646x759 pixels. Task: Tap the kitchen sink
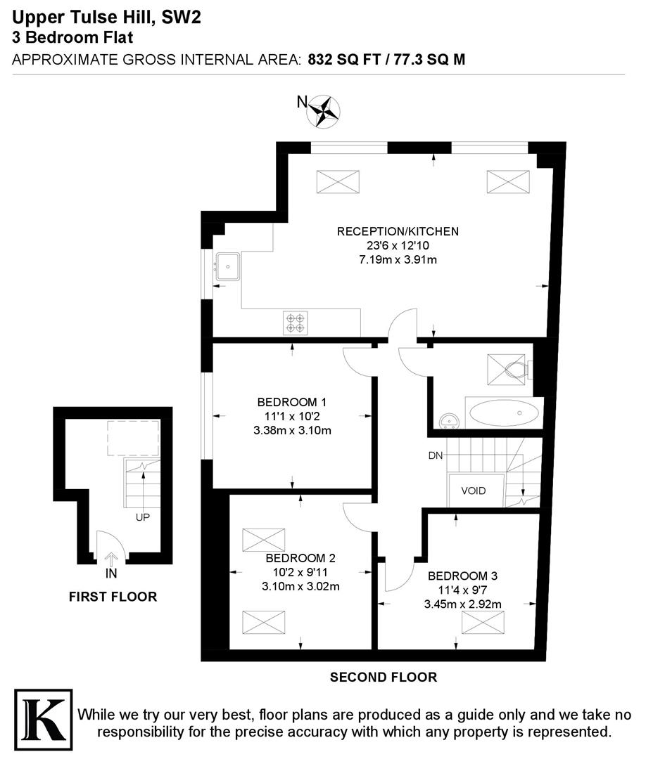pyautogui.click(x=230, y=267)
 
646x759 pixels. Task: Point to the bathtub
pyautogui.click(x=504, y=413)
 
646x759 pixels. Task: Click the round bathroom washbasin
pyautogui.click(x=448, y=421)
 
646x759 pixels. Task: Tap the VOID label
pyautogui.click(x=473, y=491)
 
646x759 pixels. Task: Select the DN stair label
pyautogui.click(x=436, y=455)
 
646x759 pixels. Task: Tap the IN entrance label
pyautogui.click(x=111, y=573)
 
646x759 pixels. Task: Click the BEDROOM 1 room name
pyautogui.click(x=291, y=403)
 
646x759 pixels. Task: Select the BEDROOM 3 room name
pyautogui.click(x=462, y=575)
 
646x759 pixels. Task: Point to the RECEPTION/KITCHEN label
pyautogui.click(x=398, y=231)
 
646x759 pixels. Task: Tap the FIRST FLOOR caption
pyautogui.click(x=113, y=597)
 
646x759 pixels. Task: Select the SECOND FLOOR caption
pyautogui.click(x=384, y=677)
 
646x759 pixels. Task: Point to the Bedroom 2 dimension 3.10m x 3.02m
pyautogui.click(x=300, y=586)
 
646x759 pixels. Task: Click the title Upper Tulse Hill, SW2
pyautogui.click(x=106, y=19)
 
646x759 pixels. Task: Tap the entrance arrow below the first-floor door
pyautogui.click(x=111, y=559)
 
